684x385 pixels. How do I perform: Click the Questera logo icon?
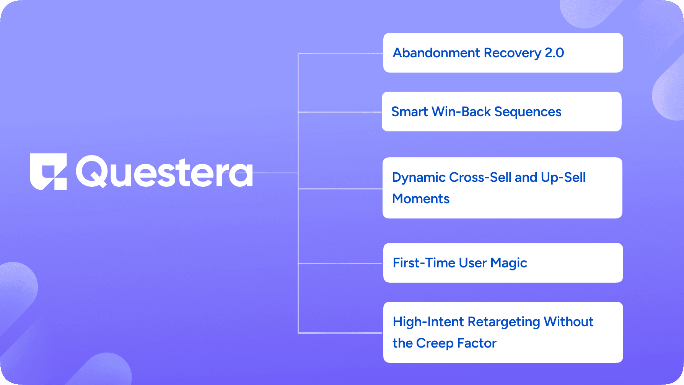pos(49,171)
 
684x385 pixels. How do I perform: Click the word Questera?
pos(164,171)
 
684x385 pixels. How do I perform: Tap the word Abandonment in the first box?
pos(436,53)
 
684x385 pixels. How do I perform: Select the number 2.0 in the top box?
pos(554,53)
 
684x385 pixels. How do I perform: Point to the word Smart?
pos(409,112)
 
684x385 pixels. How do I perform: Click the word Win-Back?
pos(461,112)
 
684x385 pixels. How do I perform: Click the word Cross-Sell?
pos(480,177)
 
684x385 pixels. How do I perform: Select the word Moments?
pos(421,199)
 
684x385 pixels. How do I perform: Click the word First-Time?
pos(424,263)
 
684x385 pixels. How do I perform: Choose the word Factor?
pos(477,343)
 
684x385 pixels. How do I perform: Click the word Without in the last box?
pos(568,322)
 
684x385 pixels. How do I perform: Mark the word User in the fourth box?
pos(473,263)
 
